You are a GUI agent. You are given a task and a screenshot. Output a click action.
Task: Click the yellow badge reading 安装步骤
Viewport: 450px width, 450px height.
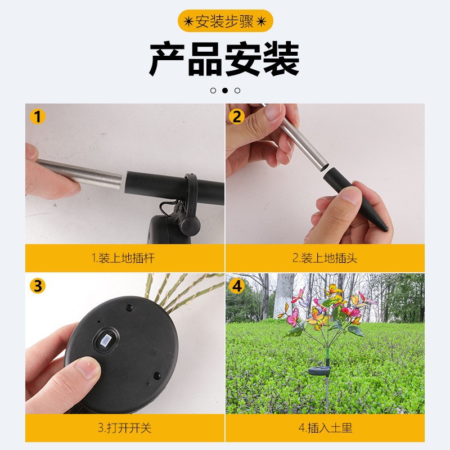click(225, 21)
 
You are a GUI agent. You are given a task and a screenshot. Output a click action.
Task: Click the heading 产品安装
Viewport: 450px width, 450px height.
click(224, 58)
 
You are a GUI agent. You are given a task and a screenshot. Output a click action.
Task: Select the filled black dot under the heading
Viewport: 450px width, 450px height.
click(225, 91)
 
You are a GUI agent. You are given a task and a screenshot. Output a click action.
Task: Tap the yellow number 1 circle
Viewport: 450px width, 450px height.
click(38, 117)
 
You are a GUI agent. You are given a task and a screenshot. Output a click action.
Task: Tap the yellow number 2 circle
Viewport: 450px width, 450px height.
click(236, 117)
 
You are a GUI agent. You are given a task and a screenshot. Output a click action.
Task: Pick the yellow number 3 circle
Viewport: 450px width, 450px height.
click(38, 286)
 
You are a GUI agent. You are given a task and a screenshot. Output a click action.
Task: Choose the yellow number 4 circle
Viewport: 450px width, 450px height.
click(236, 286)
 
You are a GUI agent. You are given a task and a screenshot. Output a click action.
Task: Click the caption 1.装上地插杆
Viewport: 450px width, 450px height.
click(123, 258)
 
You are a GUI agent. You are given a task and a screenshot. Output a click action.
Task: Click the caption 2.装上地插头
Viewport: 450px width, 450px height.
click(325, 258)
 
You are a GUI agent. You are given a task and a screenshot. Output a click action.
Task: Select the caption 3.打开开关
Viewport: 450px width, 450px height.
click(124, 427)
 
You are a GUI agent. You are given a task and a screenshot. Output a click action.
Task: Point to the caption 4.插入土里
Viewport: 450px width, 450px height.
click(325, 427)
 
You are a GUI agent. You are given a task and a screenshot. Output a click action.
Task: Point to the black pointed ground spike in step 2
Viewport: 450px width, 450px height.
click(355, 198)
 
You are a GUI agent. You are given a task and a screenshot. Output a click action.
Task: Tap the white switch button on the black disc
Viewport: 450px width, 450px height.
click(105, 341)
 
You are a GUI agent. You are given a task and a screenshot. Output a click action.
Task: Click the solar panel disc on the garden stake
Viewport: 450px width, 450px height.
click(320, 371)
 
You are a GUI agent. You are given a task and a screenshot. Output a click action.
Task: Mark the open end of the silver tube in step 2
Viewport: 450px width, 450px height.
click(322, 167)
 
